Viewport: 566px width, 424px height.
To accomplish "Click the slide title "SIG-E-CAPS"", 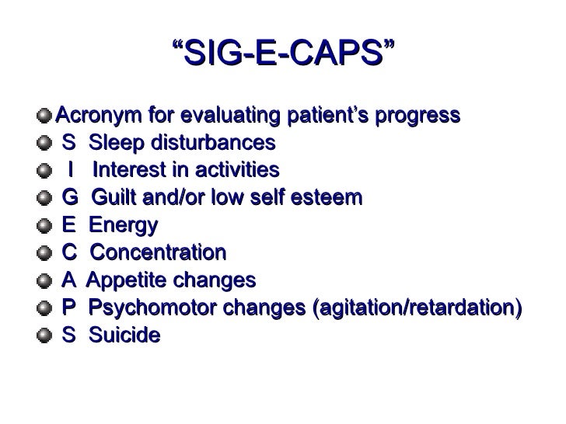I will [282, 55].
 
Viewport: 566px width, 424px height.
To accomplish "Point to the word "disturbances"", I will [208, 144].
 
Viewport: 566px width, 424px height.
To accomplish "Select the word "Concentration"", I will [157, 252].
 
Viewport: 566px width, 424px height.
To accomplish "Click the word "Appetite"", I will [123, 280].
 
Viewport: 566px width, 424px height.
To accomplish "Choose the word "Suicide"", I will [124, 335].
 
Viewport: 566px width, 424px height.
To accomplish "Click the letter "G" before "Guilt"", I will [70, 197].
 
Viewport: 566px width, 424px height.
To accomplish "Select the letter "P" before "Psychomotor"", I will [69, 308].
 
